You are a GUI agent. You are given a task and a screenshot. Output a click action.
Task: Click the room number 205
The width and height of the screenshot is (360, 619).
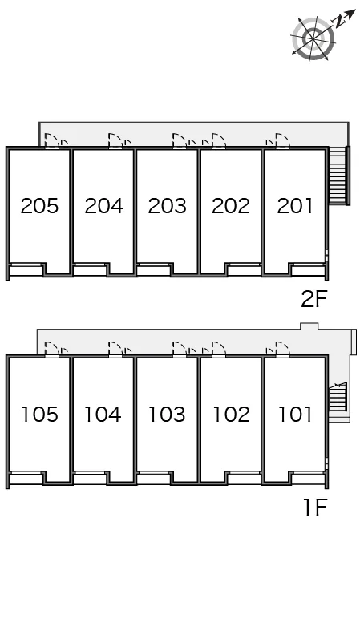[x=39, y=206]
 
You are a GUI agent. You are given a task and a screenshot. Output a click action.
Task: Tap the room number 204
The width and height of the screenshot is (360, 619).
[x=103, y=206]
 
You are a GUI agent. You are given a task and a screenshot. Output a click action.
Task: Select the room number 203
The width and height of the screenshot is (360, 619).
[x=167, y=206]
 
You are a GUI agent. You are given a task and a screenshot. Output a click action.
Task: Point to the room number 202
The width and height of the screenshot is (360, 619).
[x=231, y=206]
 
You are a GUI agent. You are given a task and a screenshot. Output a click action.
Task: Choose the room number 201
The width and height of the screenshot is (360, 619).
[x=295, y=206]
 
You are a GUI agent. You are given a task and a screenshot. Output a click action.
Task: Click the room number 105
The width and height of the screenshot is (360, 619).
[x=39, y=415]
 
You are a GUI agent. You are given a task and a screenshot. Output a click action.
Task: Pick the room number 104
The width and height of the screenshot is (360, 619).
[x=103, y=415]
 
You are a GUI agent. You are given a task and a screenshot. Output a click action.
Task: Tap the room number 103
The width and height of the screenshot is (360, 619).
[x=167, y=415]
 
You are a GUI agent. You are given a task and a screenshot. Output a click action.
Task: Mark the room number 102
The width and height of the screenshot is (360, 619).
[x=232, y=415]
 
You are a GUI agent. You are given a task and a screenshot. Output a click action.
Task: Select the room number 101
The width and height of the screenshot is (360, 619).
[x=295, y=415]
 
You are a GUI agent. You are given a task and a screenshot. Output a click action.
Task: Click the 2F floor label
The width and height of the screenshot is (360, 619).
[x=314, y=299]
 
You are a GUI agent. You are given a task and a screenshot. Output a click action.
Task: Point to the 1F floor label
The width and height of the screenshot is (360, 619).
[x=315, y=508]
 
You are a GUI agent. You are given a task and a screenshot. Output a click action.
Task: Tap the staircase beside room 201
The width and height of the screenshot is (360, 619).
[x=338, y=176]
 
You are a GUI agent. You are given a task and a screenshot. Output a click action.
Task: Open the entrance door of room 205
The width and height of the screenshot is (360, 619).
[x=51, y=141]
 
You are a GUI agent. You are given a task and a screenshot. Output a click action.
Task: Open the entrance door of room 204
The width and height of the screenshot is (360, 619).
[x=115, y=141]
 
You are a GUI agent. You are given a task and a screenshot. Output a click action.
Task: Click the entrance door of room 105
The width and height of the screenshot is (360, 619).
[x=51, y=350]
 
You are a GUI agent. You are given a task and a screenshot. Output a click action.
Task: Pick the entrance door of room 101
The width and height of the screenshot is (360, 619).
[x=283, y=350]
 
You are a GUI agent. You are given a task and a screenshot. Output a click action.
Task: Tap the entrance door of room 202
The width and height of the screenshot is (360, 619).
[x=219, y=141]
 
